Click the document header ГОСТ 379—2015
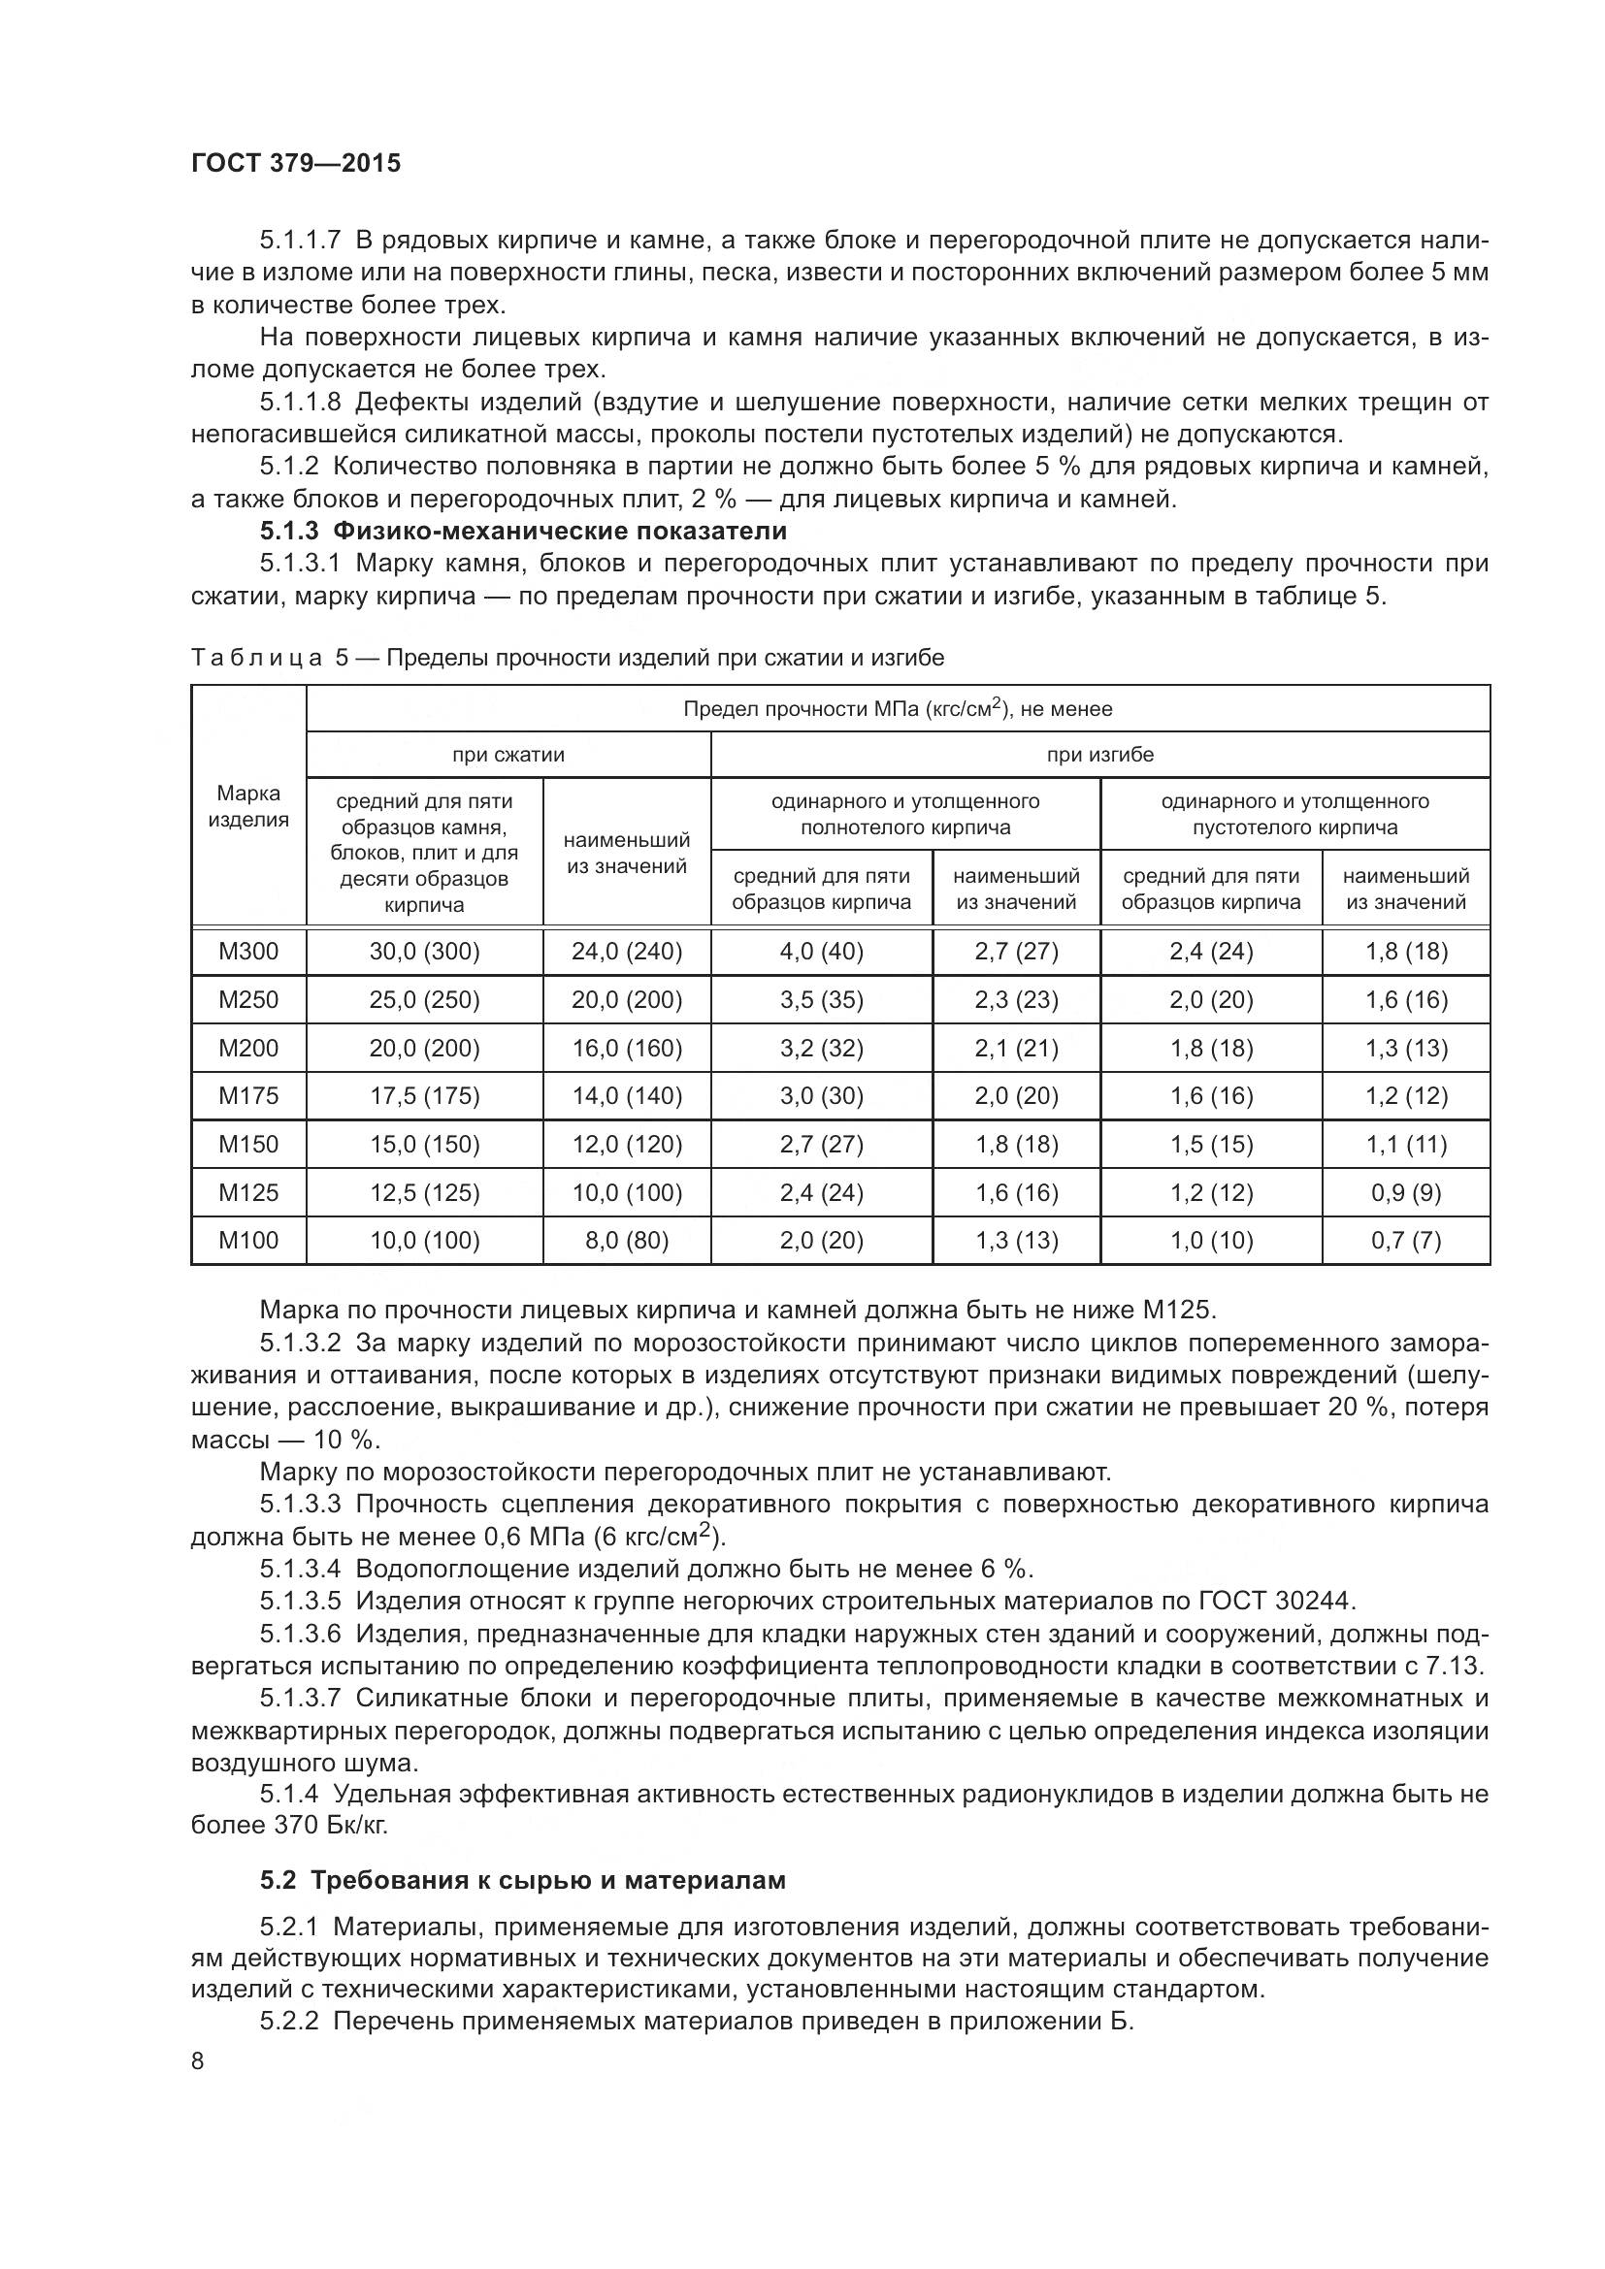coord(296,163)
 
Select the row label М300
coord(248,952)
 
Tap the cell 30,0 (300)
coord(424,952)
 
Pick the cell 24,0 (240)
coord(627,952)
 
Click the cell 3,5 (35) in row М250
coord(821,1000)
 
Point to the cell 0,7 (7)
coord(1405,1241)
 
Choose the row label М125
coord(248,1193)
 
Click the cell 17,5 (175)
coord(424,1096)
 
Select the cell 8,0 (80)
coord(627,1241)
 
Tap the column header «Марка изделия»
coord(248,806)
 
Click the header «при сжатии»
coord(508,755)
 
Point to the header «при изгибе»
coord(1100,755)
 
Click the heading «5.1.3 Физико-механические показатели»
coord(523,531)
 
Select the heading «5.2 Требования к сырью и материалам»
coord(523,1880)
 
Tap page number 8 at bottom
coord(198,2061)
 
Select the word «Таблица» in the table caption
coord(256,658)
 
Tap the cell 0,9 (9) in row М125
coord(1405,1193)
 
